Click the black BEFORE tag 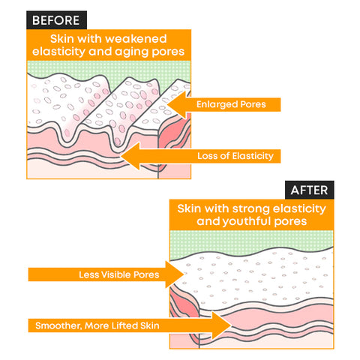click(56, 20)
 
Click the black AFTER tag click(310, 190)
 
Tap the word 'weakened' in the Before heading click(136, 39)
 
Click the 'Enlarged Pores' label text click(231, 104)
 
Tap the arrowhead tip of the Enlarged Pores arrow click(167, 104)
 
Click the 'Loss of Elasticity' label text click(235, 156)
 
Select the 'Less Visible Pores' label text click(119, 274)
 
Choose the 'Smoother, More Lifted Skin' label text click(97, 325)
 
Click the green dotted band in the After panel click(251, 241)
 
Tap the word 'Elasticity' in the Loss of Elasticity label click(253, 156)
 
